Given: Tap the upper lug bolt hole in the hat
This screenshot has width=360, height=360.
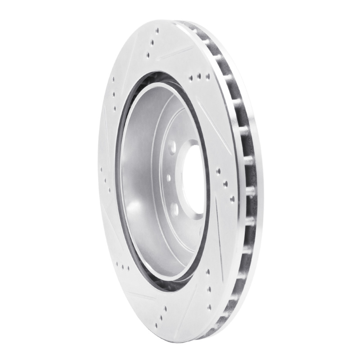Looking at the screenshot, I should pyautogui.click(x=173, y=147).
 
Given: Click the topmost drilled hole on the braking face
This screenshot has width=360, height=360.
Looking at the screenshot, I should pyautogui.click(x=157, y=31).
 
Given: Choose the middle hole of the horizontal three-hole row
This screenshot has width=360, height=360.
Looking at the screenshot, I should pyautogui.click(x=198, y=77).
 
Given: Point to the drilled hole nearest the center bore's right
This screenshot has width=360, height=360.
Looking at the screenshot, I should pyautogui.click(x=218, y=171).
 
